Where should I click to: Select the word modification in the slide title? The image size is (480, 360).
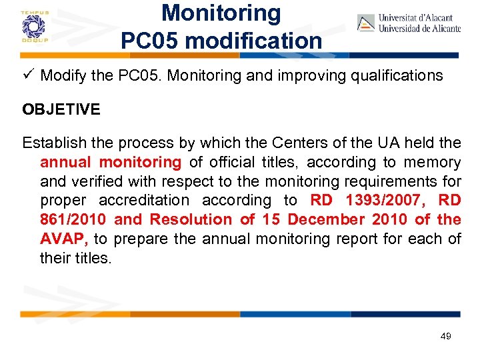click(x=254, y=40)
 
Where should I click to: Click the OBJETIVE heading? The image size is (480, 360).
click(x=61, y=109)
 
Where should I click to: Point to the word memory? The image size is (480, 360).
click(x=431, y=162)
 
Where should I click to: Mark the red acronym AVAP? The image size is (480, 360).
click(x=64, y=239)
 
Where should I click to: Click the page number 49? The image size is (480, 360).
click(x=445, y=336)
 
